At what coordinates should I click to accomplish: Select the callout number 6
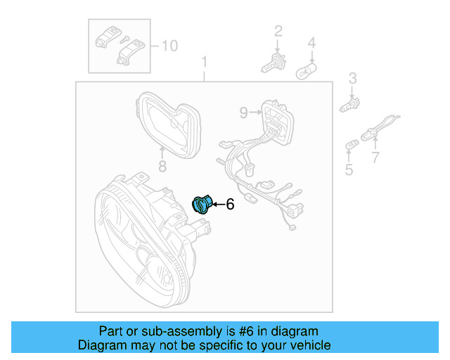click(x=229, y=205)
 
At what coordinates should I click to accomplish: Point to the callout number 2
click(x=278, y=30)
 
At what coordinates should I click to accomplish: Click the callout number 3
click(x=353, y=77)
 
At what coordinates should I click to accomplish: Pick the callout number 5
click(x=349, y=170)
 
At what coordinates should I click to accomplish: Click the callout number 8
click(x=161, y=167)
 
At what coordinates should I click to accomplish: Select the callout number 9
click(x=243, y=112)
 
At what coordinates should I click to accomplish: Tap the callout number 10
click(x=169, y=46)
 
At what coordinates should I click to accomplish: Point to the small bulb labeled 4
click(x=307, y=71)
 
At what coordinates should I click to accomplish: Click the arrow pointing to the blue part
click(x=217, y=205)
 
